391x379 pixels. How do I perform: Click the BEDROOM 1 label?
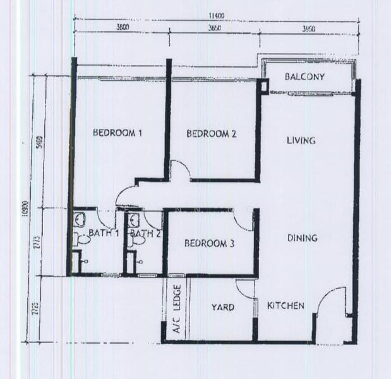click(117, 133)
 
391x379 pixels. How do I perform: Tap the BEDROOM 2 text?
click(211, 133)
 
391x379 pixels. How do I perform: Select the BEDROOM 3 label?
click(210, 243)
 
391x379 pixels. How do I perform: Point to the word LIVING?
click(301, 140)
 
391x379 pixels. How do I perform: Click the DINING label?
click(302, 238)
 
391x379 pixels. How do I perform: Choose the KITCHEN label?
click(286, 306)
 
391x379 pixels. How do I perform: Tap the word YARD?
click(222, 308)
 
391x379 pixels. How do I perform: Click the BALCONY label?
click(304, 77)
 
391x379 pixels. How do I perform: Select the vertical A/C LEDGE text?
click(178, 310)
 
